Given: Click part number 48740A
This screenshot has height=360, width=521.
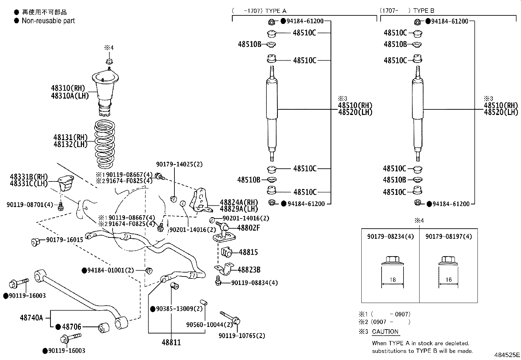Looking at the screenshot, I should (x=31, y=317).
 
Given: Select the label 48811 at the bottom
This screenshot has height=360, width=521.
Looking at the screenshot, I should (x=171, y=343).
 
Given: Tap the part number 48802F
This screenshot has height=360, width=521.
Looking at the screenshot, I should (x=248, y=228).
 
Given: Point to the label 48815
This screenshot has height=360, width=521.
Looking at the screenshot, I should (x=248, y=252).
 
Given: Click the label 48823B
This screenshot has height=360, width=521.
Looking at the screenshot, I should (x=249, y=270).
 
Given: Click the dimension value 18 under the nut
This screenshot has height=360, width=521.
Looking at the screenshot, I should (x=393, y=280).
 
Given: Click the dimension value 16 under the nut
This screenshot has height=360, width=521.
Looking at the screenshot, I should (x=448, y=280).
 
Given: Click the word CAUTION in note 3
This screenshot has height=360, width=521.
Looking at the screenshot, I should (x=385, y=332).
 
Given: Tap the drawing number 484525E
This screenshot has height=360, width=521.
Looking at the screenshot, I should (x=507, y=355).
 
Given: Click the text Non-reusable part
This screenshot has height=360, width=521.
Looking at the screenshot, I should (x=48, y=21).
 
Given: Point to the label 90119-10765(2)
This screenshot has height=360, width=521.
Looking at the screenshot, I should (x=242, y=335).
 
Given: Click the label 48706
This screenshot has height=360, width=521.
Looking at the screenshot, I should (x=71, y=327).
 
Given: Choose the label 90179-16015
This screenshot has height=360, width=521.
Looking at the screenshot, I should (x=64, y=240).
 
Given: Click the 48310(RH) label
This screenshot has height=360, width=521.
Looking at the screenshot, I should (x=68, y=88).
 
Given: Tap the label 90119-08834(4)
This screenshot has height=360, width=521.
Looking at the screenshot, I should (x=254, y=283).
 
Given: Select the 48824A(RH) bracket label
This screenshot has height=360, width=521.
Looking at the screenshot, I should (x=239, y=202).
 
